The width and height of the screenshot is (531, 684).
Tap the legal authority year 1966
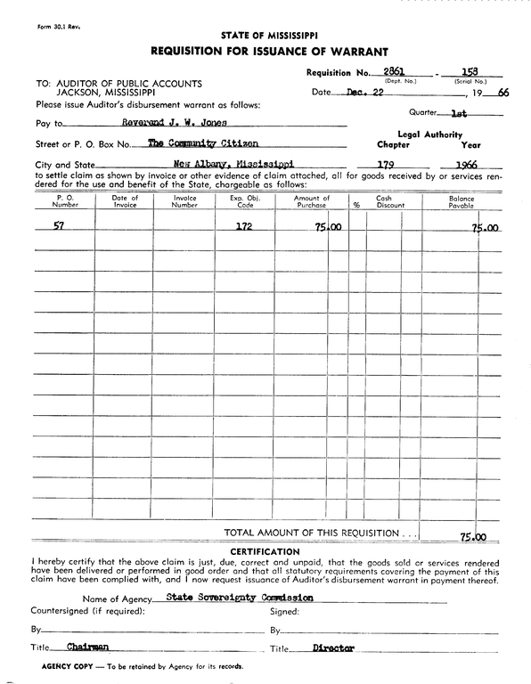pyautogui.click(x=469, y=165)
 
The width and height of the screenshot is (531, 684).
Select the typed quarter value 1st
pyautogui.click(x=460, y=114)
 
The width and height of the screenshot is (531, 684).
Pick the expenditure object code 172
pyautogui.click(x=242, y=226)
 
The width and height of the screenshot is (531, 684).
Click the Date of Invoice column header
pyautogui.click(x=126, y=201)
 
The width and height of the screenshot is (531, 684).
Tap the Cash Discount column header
pyautogui.click(x=384, y=201)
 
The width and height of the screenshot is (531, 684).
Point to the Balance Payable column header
pyautogui.click(x=462, y=201)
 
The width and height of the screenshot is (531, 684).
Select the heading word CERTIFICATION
pyautogui.click(x=265, y=551)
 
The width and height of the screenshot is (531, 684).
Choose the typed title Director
pyautogui.click(x=333, y=648)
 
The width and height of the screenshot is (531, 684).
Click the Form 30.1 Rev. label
pyautogui.click(x=35, y=28)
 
